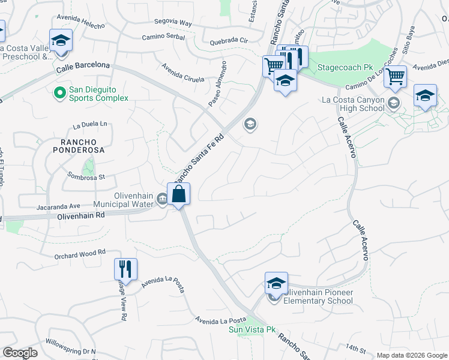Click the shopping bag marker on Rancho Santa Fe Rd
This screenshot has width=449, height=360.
pos(179,194)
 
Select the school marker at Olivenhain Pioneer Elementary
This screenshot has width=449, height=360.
pos(276,284)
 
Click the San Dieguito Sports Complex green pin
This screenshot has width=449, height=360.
pos(59,93)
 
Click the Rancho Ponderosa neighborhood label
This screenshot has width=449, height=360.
pos(78,146)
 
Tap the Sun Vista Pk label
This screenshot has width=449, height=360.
pos(252,329)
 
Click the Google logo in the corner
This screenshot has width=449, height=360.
pos(20,353)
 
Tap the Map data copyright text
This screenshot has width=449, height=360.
pos(412,355)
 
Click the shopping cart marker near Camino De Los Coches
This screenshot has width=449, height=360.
pos(395,77)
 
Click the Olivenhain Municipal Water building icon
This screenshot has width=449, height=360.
pos(162,200)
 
